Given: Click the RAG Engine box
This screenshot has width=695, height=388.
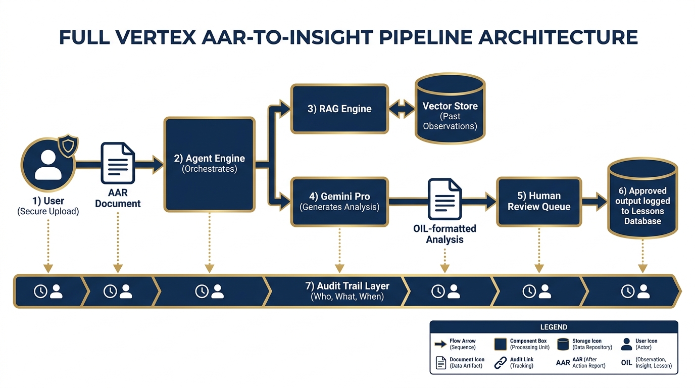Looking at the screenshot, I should [339, 109].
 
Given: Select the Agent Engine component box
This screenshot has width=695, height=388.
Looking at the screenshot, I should [209, 164].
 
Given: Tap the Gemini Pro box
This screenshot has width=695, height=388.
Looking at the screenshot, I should [339, 201].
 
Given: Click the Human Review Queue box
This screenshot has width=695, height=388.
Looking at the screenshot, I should [538, 201].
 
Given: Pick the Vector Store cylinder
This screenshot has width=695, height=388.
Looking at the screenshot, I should [450, 109].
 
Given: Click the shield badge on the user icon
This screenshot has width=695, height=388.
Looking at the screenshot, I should [68, 147].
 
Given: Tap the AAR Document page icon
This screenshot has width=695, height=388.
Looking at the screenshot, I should [117, 163].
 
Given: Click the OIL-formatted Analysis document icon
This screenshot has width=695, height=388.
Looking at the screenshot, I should [444, 200].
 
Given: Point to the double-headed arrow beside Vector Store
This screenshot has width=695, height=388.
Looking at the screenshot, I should [402, 109].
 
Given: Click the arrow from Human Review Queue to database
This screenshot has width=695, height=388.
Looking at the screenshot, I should [594, 201].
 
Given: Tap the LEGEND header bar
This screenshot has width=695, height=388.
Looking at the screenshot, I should [554, 327].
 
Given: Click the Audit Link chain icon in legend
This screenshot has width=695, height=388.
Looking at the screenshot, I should [500, 363].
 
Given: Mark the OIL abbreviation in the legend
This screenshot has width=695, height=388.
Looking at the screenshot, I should [626, 363].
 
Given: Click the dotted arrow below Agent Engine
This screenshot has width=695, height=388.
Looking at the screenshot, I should [209, 243].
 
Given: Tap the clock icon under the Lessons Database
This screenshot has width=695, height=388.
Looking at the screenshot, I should [627, 291].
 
